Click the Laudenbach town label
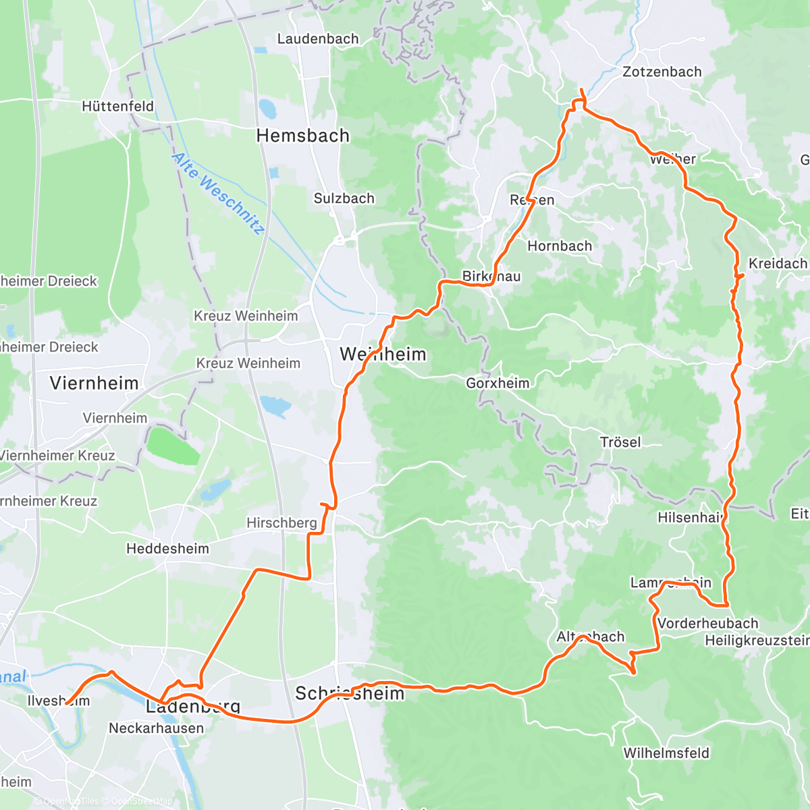[x=318, y=38]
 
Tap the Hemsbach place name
[x=303, y=136]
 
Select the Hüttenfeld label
[x=117, y=106]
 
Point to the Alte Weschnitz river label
[x=217, y=193]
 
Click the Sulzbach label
[x=344, y=198]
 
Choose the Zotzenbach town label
[x=661, y=72]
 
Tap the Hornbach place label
[x=560, y=246]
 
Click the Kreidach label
[x=778, y=263]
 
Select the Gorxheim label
[x=497, y=383]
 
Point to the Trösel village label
[x=620, y=442]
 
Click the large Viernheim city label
[x=94, y=383]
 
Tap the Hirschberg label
[x=281, y=522]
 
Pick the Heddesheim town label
[x=167, y=549]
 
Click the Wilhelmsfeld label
[x=666, y=753]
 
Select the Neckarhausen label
[x=156, y=728]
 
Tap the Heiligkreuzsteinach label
[x=756, y=640]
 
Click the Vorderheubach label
[x=707, y=623]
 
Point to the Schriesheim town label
[x=350, y=693]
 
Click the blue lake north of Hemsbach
[x=267, y=108]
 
